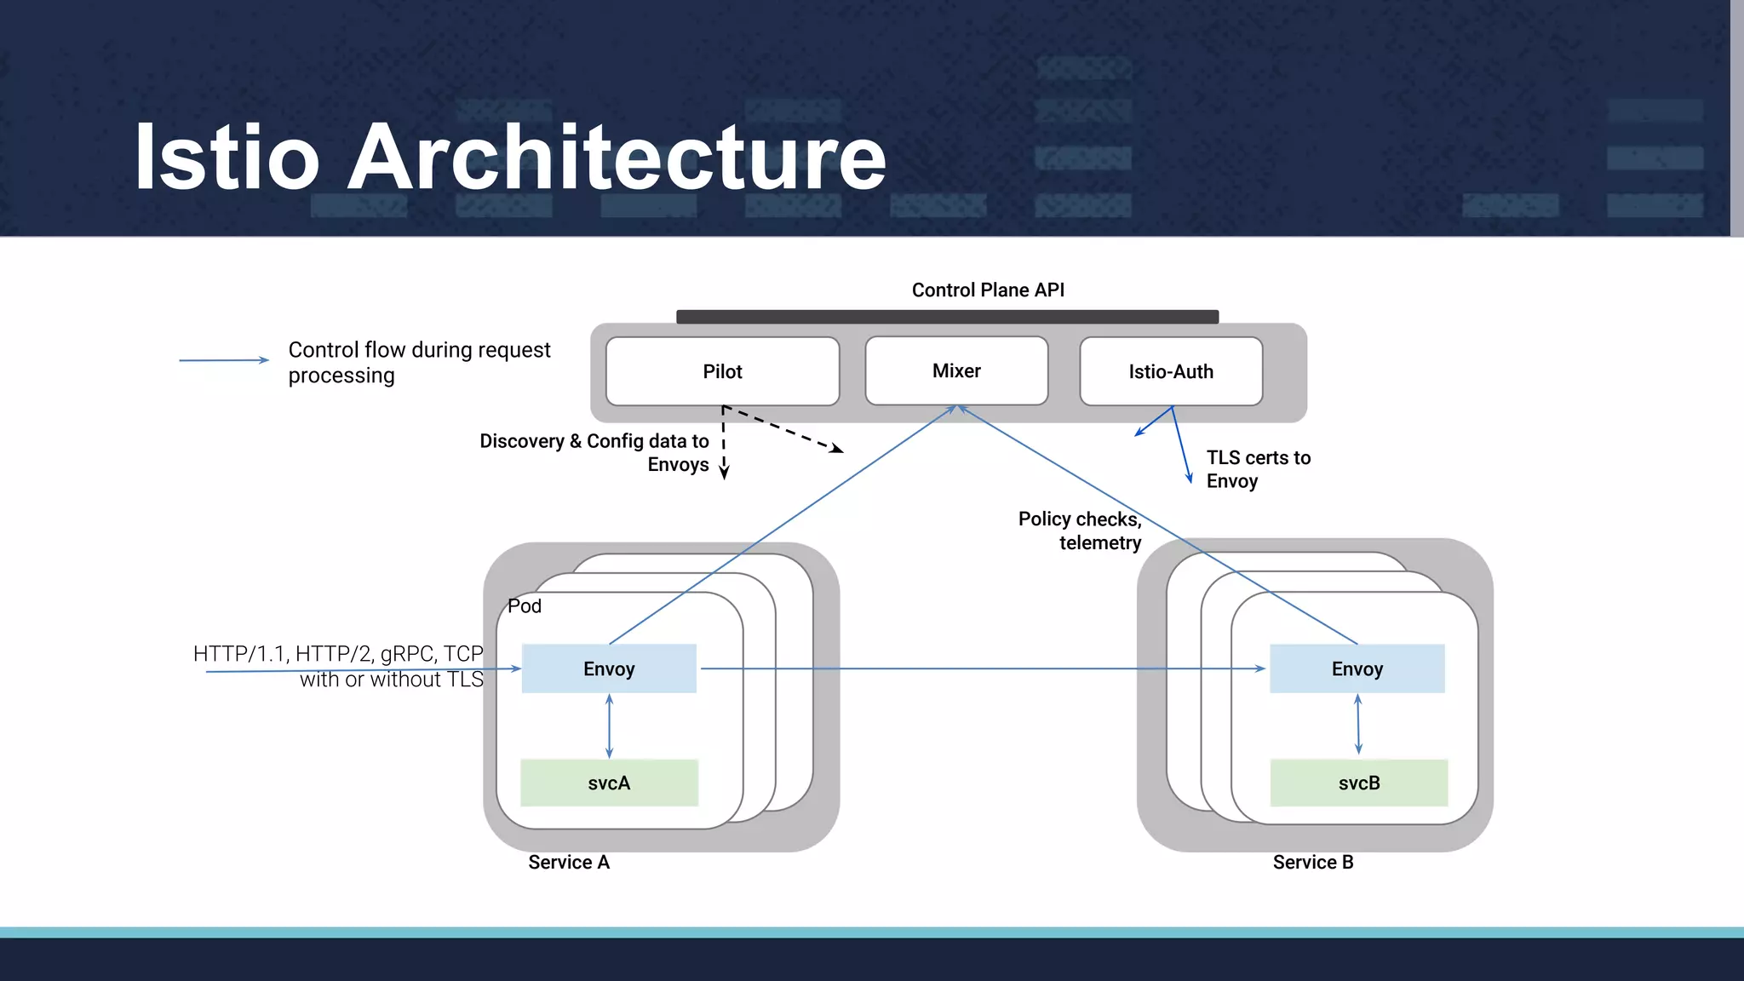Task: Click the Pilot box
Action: pos(722,371)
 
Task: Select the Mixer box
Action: pos(956,370)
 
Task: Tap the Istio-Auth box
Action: pos(1171,371)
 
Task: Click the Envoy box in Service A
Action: pos(609,668)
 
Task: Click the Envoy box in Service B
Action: pos(1357,668)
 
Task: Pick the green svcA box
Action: pos(609,783)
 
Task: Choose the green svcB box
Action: pos(1358,783)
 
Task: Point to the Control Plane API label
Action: pos(988,290)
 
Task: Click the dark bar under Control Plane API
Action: pos(947,317)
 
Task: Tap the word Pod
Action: pos(525,605)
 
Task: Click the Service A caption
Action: pos(569,862)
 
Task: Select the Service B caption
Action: pos(1312,862)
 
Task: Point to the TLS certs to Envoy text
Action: pos(1257,469)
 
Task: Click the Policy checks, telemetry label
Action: pos(1080,531)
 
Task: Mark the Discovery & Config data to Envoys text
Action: pos(594,452)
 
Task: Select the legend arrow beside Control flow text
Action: pos(223,360)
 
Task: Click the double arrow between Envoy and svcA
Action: pos(609,726)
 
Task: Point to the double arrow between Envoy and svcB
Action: pos(1358,724)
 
